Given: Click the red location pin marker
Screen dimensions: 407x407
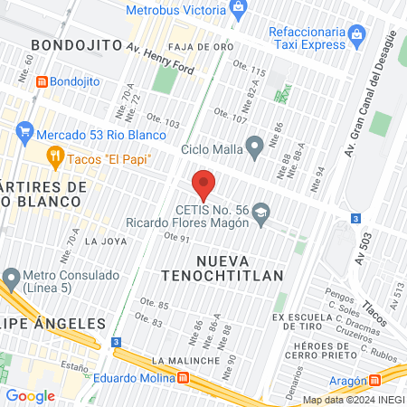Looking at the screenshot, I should coord(203,185).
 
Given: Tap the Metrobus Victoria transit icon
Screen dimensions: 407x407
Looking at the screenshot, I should coord(239,9).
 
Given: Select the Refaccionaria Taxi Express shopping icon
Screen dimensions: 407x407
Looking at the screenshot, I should coord(357,37).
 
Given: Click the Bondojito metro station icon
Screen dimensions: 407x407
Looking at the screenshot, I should coord(41,80).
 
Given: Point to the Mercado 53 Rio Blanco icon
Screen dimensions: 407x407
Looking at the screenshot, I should coord(24,136).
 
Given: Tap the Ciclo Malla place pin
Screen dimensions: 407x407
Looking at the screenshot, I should coord(255,146).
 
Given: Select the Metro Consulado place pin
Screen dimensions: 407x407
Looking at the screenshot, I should coord(12,277).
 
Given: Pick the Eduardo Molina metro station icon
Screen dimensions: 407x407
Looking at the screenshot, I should coord(184,377).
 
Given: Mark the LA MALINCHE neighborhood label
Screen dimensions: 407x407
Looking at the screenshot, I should coord(187,360).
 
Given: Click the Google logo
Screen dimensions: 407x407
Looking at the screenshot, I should coord(31,395).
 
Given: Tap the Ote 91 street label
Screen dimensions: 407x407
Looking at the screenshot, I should coord(176,238).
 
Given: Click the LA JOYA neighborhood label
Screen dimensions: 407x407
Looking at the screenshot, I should coord(106,241).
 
